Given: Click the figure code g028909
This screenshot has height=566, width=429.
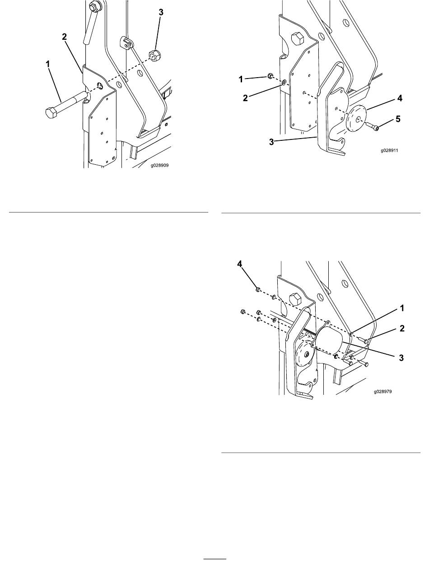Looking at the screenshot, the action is [x=160, y=165].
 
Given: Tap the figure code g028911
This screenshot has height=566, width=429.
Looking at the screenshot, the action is [x=389, y=150].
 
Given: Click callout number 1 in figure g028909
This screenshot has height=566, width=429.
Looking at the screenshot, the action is [x=47, y=64].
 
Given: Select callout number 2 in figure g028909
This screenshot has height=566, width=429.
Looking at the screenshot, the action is [x=64, y=37].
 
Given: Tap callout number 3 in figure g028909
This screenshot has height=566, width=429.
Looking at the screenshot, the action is [x=161, y=12].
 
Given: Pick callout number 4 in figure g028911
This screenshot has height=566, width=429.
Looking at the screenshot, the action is [x=400, y=98].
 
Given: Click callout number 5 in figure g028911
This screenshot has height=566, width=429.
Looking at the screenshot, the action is [x=398, y=119].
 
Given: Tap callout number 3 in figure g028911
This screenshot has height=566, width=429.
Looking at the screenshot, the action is [x=271, y=142].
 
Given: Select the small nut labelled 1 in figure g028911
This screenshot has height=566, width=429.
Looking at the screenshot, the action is [x=269, y=76].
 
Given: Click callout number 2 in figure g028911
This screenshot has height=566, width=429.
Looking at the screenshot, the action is [x=245, y=98].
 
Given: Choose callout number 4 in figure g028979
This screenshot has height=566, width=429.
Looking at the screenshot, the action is [x=240, y=264].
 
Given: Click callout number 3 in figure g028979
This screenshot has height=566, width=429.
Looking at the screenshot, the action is [x=401, y=358].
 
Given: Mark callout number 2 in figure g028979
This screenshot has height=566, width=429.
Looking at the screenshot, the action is [x=402, y=328].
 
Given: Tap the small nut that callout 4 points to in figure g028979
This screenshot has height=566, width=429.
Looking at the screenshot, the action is [x=257, y=290].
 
